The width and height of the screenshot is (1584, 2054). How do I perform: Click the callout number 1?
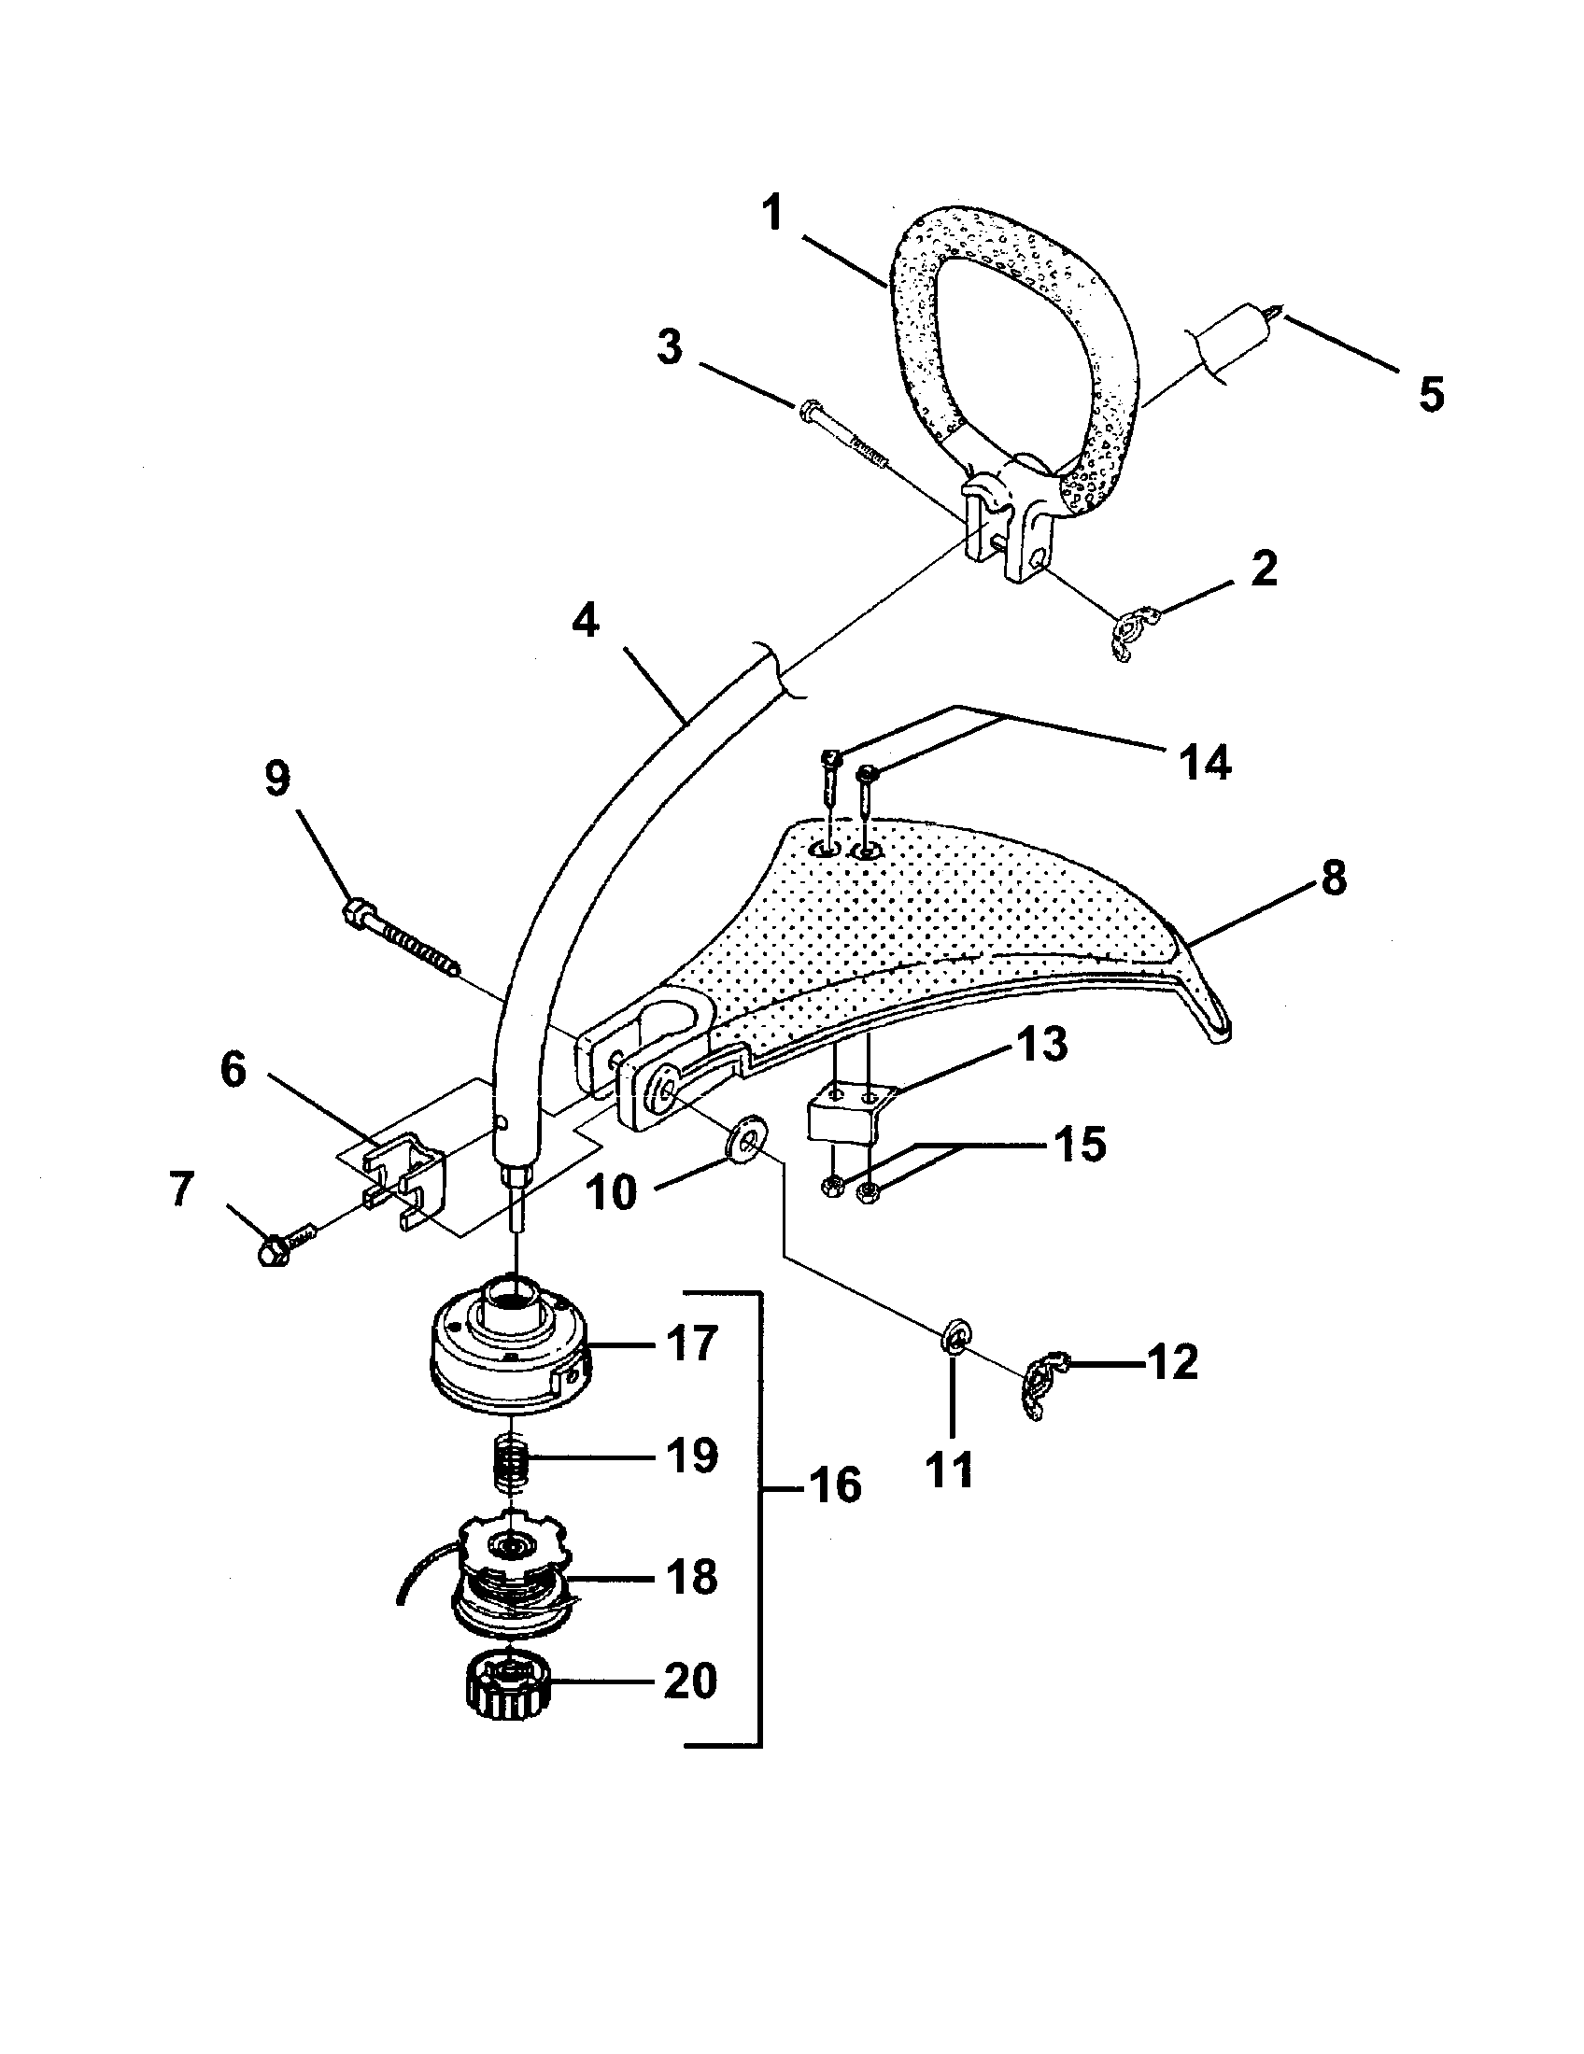(x=771, y=215)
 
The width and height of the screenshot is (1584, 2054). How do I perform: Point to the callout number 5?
(x=1431, y=394)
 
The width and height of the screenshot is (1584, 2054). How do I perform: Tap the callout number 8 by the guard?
(x=1333, y=878)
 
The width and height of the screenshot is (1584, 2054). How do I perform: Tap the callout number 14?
(x=1206, y=762)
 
